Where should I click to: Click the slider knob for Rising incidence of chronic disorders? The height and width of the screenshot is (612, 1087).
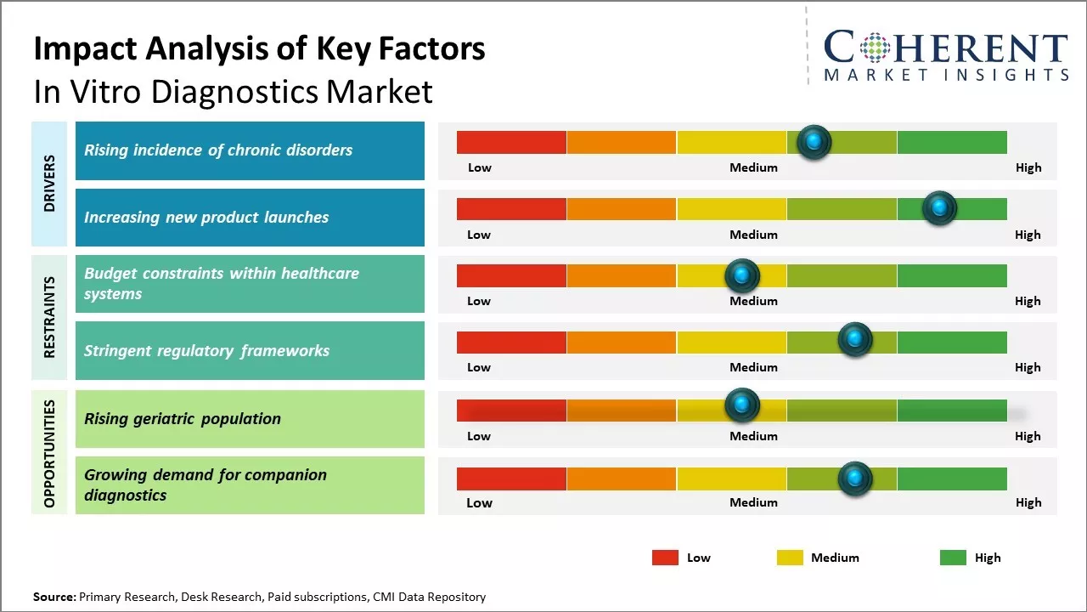(x=814, y=142)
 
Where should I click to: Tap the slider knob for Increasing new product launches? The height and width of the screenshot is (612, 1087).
(x=939, y=208)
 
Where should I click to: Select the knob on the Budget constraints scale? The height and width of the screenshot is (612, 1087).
(x=742, y=275)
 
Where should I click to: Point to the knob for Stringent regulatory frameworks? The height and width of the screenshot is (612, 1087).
(x=855, y=340)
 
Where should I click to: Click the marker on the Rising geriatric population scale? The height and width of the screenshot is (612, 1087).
(x=742, y=405)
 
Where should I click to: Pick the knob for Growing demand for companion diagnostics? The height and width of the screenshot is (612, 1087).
(x=855, y=479)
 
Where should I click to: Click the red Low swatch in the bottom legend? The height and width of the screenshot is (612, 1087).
(x=665, y=558)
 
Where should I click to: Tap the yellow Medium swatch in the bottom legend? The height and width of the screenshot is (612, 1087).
(x=790, y=558)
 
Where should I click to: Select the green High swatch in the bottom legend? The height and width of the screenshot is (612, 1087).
(x=953, y=558)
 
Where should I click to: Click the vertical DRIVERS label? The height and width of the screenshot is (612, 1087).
(x=49, y=184)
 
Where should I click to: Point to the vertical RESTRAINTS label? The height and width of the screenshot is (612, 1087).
(x=49, y=317)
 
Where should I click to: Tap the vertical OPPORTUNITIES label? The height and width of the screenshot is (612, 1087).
(x=49, y=453)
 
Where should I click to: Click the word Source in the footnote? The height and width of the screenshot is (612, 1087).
(x=54, y=598)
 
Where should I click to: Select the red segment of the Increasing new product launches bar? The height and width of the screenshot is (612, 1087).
(x=511, y=209)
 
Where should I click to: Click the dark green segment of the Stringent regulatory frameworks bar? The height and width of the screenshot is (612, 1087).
(x=952, y=343)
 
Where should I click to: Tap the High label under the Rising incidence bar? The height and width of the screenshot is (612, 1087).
(x=1028, y=167)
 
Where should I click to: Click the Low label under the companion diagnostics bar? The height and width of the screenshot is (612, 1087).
(x=479, y=502)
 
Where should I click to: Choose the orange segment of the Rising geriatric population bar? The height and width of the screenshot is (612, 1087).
(x=622, y=411)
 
